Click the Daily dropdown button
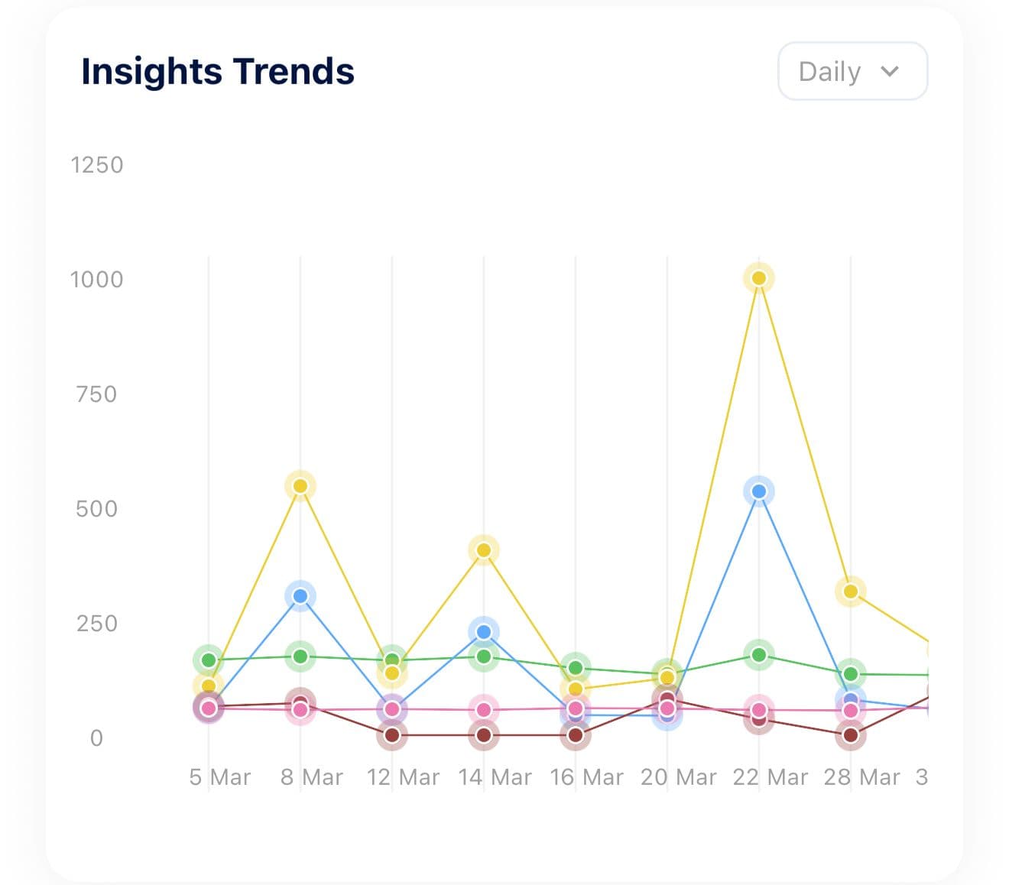coord(852,71)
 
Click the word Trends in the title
coord(294,71)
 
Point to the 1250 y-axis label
coord(96,165)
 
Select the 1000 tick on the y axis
coord(96,280)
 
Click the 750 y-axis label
coord(96,394)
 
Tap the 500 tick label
coord(96,509)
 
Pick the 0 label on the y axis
coord(96,738)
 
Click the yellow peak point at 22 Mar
coord(758,278)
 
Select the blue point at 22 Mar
coord(758,491)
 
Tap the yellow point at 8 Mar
coord(300,486)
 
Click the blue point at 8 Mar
coord(300,596)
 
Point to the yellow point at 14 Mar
coord(483,550)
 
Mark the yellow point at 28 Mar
coord(850,592)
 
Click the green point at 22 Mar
coord(758,655)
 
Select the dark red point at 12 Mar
coord(392,735)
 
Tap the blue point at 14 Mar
coord(483,632)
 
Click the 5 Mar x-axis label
coord(220,777)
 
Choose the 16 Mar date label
coord(586,777)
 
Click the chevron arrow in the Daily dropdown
coord(889,71)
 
